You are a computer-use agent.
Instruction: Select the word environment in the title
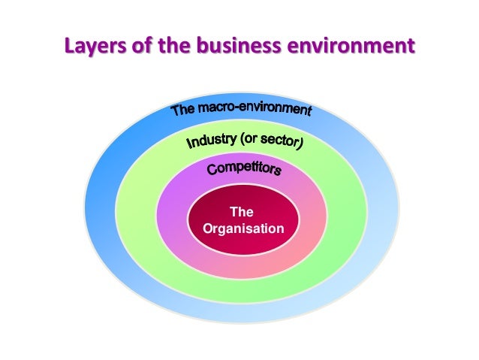[352, 47]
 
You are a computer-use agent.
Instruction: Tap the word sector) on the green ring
[282, 141]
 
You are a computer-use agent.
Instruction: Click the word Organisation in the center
[243, 227]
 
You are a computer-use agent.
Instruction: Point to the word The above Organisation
[243, 213]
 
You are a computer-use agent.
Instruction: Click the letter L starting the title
[69, 47]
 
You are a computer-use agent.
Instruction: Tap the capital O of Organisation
[207, 227]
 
